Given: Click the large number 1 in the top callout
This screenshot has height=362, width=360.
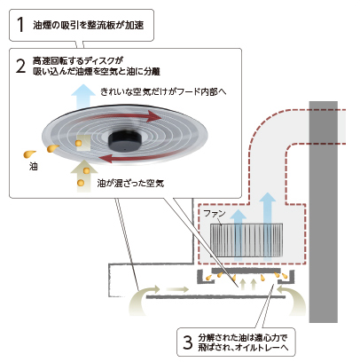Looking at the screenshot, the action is pos(20,24).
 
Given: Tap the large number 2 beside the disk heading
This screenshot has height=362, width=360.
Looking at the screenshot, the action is pos(20,66).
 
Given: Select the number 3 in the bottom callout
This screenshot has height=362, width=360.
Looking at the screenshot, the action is pos(187,342).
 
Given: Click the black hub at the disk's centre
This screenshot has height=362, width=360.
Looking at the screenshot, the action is pos(125,140).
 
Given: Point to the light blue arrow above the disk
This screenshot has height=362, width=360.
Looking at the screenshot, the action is pos(83,96).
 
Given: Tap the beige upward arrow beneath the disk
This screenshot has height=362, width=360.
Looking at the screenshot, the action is pos(84,176).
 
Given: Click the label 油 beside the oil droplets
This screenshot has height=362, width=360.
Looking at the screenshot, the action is pos(33,167).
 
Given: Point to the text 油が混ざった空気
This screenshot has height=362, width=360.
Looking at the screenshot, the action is pos(130,184).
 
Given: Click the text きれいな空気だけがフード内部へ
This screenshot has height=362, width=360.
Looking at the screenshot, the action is pos(163,91).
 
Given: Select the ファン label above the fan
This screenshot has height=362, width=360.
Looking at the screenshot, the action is pos(215,213).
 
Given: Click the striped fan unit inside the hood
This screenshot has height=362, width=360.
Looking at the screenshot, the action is pos(247,240).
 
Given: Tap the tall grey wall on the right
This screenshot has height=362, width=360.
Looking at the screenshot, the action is pos(324,212).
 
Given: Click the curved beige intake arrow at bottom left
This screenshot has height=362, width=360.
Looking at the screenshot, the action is pos(142,299).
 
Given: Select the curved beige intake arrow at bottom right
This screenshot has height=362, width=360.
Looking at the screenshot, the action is pos(292,299).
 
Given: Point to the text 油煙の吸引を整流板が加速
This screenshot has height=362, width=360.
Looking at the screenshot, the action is pos(88,25).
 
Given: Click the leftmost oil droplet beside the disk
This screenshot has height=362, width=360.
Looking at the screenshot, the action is pos(29,154).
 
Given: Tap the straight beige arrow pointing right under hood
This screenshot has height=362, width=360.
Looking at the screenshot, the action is pos(177,288).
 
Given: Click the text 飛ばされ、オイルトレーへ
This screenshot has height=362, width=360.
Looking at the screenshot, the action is pos(243,347).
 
